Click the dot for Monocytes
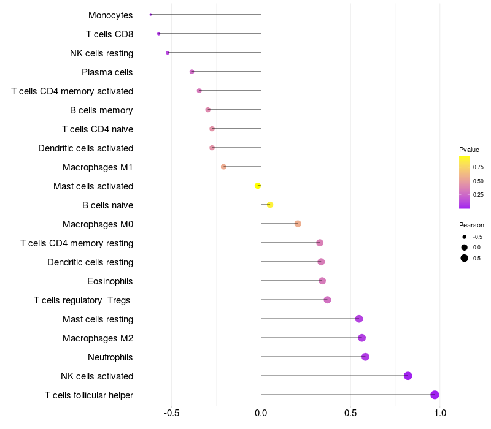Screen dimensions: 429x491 pos(150,15)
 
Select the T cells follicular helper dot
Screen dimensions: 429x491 pos(435,395)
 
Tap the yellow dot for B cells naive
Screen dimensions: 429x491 pos(269,205)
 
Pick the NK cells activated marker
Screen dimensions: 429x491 pos(408,376)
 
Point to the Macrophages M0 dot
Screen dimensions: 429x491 pos(298,224)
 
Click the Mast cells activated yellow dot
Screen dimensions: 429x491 pos(258,186)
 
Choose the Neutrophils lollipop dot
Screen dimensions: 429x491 pos(365,357)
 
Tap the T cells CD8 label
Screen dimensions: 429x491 pos(110,34)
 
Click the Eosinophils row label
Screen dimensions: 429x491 pos(110,281)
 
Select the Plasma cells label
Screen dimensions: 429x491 pos(107,72)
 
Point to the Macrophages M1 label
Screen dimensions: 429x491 pos(98,167)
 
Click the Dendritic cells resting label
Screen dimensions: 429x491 pos(90,262)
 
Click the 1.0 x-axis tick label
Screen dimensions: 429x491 pos(439,412)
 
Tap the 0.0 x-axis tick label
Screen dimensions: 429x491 pos(261,412)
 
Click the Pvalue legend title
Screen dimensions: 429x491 pos(469,150)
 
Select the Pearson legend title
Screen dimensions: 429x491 pos(471,225)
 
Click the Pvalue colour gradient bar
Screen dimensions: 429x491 pos(464,182)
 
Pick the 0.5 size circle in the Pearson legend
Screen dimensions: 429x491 pos(465,258)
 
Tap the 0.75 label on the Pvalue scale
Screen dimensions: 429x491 pos(478,167)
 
